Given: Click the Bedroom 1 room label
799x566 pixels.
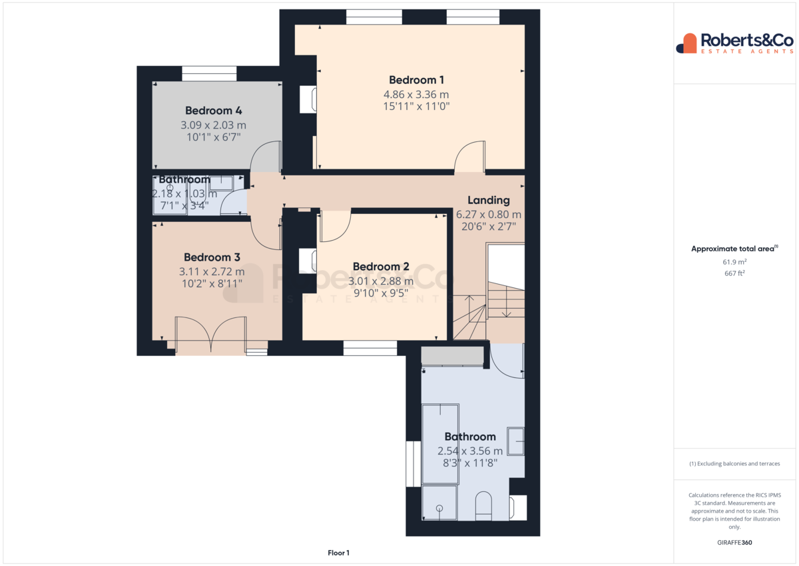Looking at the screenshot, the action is pos(416,80).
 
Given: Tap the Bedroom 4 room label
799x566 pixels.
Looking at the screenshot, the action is pos(213,111).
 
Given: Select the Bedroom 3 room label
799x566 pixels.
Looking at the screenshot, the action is pos(212,257).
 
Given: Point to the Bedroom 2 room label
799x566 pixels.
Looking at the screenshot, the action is pos(381,267).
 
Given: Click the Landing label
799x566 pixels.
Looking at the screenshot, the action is pos(489,200).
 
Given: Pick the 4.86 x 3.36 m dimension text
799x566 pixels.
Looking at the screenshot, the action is pos(416,95).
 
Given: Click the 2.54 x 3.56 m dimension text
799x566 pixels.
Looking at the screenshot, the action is pos(470,451).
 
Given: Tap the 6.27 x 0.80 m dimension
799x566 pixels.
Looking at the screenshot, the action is pos(489,215).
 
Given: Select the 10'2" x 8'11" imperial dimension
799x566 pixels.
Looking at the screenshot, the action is pos(212,283).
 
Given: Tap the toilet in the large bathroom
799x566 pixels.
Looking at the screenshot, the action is pos(483,506).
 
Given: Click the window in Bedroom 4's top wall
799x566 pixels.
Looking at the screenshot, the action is pos(209,74).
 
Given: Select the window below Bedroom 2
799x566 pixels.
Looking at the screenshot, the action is pos(370,348).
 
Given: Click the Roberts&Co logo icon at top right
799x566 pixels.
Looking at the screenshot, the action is pos(686,43).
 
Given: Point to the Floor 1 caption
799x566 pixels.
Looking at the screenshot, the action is pos(338,553).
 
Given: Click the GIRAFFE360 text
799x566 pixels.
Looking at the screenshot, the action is pos(734,543).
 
